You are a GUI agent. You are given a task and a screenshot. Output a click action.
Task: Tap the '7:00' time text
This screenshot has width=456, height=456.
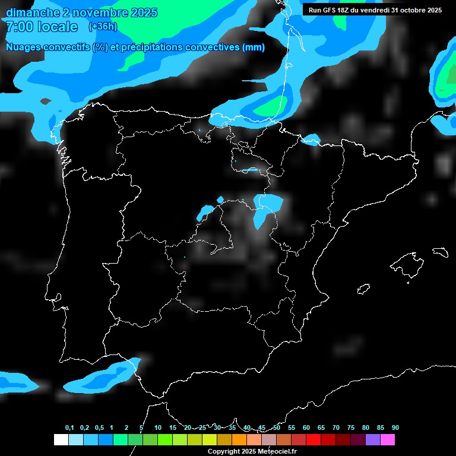point(20,27)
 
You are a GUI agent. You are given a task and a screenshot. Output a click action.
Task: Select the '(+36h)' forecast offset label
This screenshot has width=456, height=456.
point(103,26)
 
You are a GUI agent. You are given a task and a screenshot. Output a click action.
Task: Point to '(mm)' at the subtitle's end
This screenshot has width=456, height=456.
point(254,47)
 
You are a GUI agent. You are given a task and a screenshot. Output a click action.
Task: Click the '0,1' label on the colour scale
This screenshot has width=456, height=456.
point(69,428)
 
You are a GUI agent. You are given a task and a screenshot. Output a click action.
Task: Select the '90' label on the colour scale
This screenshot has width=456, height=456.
point(395,428)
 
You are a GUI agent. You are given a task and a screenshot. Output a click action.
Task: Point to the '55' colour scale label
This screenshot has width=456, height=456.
point(292,428)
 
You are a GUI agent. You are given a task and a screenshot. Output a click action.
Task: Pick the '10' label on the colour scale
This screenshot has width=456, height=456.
point(158,428)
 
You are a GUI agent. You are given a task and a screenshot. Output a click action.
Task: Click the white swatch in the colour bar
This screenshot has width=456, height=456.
point(61,439)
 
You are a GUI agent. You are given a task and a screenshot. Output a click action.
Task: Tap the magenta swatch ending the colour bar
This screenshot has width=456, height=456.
point(388,439)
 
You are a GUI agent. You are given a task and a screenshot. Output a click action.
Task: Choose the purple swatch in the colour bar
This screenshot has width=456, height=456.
point(373,439)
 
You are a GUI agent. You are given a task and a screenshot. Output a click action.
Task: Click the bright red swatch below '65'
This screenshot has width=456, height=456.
point(313,439)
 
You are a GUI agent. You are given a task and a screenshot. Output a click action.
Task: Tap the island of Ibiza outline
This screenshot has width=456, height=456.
point(363,289)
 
